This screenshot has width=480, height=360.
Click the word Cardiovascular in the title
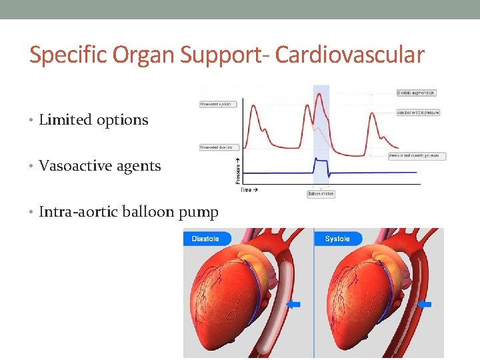349,55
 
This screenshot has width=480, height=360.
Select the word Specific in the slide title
70,55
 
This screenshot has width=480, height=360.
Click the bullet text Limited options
93,120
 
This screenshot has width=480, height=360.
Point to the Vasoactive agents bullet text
100,166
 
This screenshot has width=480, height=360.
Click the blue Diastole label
206,239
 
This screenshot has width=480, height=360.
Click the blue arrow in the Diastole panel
293,305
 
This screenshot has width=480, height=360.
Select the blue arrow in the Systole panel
424,305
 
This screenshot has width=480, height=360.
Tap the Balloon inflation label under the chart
321,194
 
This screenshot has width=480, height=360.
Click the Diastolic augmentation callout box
416,93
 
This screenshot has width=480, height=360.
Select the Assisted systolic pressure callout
418,113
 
